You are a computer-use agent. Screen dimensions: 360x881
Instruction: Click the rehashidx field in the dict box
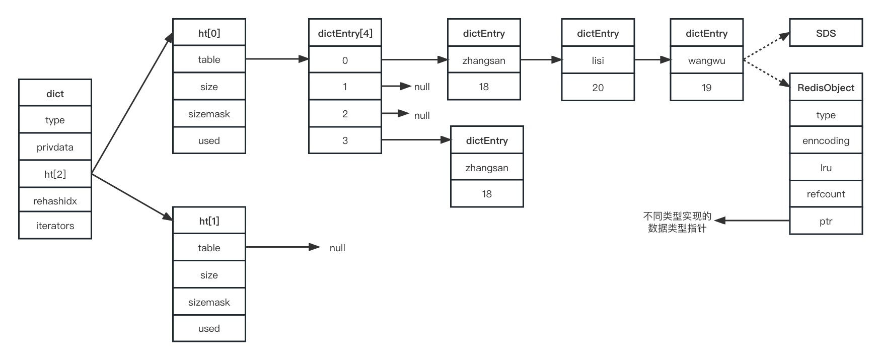point(55,201)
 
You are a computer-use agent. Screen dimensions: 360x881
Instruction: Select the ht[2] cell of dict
point(55,174)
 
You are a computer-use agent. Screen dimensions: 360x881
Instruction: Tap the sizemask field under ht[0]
point(209,114)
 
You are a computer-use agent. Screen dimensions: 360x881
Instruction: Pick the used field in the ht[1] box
point(209,328)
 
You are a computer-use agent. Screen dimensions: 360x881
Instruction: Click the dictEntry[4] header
point(345,33)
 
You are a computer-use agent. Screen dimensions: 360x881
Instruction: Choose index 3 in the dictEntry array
point(345,140)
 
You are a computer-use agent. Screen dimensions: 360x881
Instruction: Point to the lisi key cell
point(598,60)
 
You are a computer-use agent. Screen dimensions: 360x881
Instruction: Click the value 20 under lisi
point(598,88)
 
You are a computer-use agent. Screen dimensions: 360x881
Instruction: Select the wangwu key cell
point(706,60)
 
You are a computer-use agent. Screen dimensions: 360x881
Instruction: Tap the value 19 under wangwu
point(706,88)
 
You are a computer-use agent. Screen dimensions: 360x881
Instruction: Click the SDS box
point(826,33)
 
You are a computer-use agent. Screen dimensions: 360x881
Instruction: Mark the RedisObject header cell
point(826,88)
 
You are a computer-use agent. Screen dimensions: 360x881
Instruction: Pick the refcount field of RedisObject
point(826,194)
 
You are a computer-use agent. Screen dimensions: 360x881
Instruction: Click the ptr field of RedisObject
point(826,221)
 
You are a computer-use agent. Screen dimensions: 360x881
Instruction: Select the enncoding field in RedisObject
point(826,140)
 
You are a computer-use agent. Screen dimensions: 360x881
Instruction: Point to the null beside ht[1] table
point(337,248)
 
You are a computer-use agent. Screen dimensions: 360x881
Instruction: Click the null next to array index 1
point(422,87)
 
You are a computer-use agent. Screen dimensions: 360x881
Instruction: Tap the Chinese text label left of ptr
point(677,222)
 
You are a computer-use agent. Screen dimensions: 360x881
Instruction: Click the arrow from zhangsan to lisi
point(541,59)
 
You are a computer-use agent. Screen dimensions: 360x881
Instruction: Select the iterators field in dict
point(55,226)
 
